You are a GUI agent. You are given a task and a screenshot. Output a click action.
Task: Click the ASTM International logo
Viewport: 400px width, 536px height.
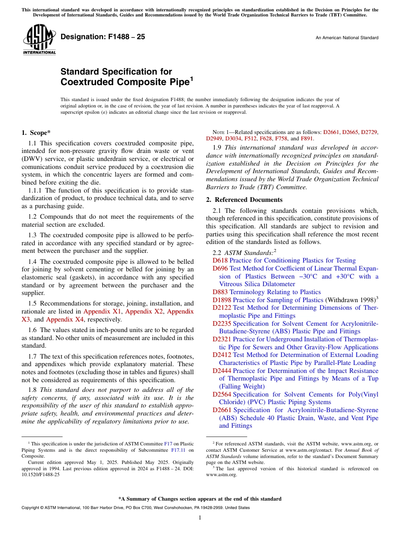point(39,40)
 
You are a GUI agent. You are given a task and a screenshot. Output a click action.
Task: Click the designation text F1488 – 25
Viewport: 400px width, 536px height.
point(103,37)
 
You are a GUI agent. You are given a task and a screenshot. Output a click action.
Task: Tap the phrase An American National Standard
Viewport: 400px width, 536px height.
point(347,38)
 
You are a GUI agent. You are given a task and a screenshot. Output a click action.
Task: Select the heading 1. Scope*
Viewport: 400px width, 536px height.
point(36,132)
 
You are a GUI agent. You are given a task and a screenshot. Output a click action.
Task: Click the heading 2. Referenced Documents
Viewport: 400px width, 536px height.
point(244,200)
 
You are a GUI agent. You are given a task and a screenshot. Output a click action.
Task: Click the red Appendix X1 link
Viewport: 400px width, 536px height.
point(102,311)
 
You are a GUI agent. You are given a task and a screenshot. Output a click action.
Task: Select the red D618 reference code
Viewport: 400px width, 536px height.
point(220,260)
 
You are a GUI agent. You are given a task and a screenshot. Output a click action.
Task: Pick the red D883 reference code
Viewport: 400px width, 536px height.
point(220,292)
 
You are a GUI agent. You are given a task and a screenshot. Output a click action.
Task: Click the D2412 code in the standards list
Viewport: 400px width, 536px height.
point(222,355)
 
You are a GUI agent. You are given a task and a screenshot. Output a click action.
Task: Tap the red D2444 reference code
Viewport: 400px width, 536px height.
point(222,371)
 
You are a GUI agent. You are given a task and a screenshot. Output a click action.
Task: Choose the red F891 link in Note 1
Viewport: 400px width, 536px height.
point(307,138)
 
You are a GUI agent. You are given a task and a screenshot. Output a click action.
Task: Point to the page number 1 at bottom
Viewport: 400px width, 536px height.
point(200,518)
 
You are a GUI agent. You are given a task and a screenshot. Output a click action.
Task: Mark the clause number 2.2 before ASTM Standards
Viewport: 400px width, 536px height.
point(217,252)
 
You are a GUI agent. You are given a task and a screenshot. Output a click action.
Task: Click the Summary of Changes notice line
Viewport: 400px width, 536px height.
point(200,499)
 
